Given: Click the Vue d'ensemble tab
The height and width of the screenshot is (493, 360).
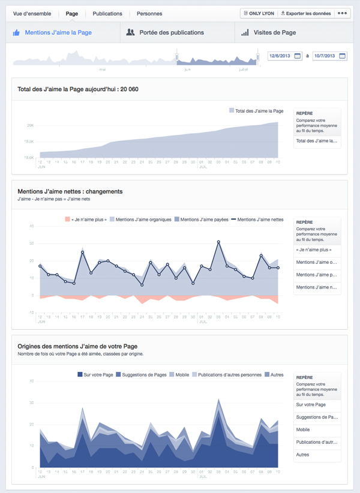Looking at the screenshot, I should pyautogui.click(x=32, y=13).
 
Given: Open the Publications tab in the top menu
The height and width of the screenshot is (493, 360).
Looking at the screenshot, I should pyautogui.click(x=107, y=13).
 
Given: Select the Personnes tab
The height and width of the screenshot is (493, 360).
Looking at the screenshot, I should pyautogui.click(x=149, y=13).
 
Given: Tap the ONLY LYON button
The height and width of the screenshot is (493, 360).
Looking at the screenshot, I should pyautogui.click(x=259, y=13).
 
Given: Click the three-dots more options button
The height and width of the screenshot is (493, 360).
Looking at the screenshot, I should pyautogui.click(x=343, y=13).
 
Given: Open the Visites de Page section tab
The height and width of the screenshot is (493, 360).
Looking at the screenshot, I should pyautogui.click(x=274, y=32).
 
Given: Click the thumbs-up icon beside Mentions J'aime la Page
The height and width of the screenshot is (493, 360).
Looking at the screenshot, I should pyautogui.click(x=17, y=32).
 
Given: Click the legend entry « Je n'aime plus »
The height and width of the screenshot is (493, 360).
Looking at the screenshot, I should pyautogui.click(x=86, y=220).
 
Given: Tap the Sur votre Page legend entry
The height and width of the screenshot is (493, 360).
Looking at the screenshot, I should pyautogui.click(x=98, y=375).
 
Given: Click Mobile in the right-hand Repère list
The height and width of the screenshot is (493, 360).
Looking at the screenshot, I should pyautogui.click(x=303, y=429).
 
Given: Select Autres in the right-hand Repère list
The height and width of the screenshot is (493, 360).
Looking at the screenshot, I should pyautogui.click(x=302, y=455).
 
